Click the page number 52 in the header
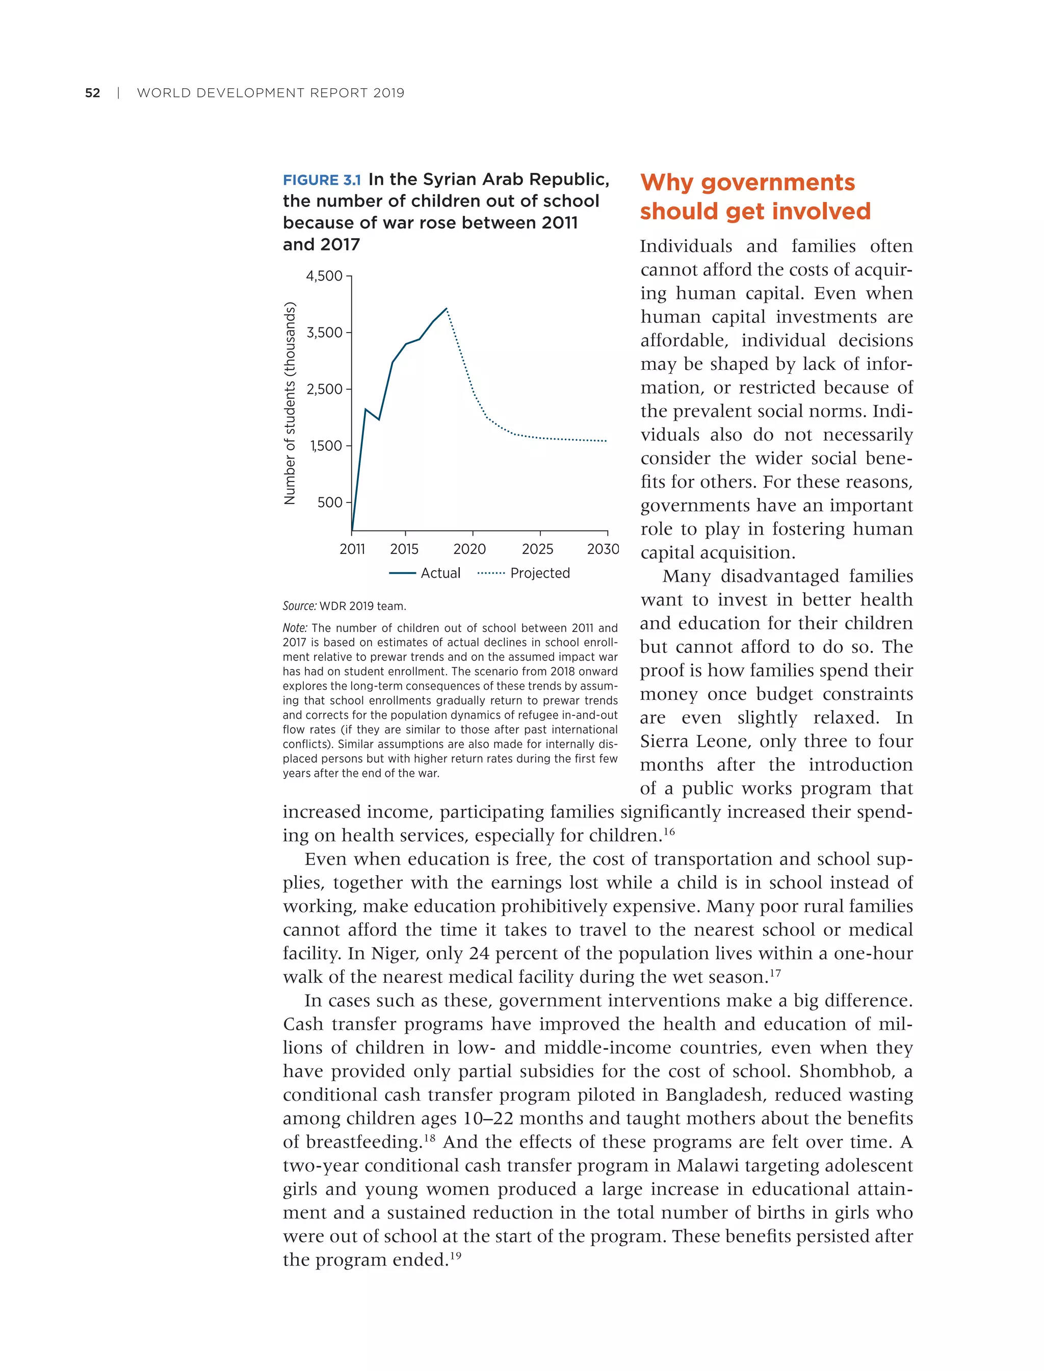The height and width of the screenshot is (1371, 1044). coord(93,93)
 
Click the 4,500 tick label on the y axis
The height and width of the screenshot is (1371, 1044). coord(324,276)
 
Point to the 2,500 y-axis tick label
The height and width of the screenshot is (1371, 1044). coord(324,389)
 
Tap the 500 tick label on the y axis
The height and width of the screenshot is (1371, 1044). coord(329,502)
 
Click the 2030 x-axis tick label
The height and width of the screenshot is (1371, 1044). coord(603,549)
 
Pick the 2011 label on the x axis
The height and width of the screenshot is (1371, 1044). coord(352,549)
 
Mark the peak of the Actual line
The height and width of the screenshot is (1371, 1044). coord(446,309)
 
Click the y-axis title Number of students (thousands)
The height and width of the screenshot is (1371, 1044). coord(290,403)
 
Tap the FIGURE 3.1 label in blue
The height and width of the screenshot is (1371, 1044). coord(321,181)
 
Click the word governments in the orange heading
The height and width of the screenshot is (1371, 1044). coord(777,183)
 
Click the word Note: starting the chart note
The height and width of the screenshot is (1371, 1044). coord(295,628)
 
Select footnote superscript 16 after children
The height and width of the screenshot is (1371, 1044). coord(669,831)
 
